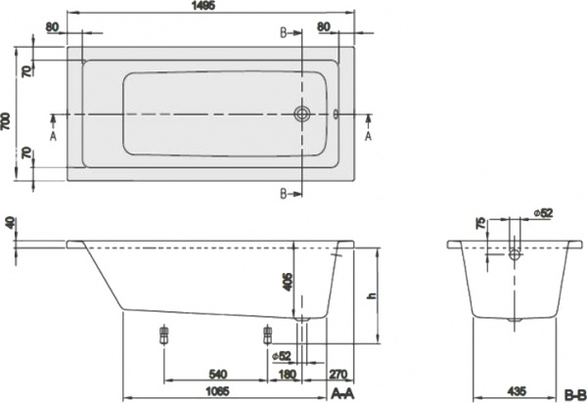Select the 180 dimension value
(x=288, y=374)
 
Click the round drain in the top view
(x=302, y=114)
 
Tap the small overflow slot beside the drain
(x=337, y=114)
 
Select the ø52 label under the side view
(x=283, y=355)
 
